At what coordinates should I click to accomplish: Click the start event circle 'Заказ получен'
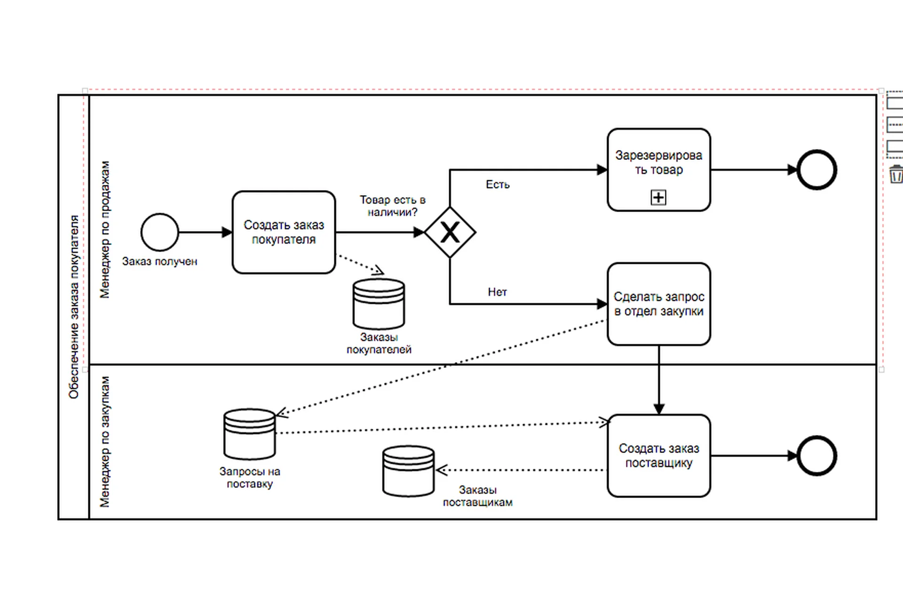pos(159,232)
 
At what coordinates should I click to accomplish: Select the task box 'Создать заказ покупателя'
pos(284,232)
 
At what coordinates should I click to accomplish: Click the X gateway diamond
pos(450,232)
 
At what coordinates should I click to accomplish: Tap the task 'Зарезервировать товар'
pos(658,169)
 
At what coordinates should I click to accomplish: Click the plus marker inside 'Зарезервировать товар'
pos(658,197)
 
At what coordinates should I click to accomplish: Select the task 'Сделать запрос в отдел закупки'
pos(658,304)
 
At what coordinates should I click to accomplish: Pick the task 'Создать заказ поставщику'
pos(658,455)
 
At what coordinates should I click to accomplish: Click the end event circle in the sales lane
pos(817,170)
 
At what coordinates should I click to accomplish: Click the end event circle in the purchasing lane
pos(817,456)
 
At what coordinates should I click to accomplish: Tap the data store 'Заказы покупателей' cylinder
pos(379,304)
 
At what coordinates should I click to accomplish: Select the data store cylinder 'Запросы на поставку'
pos(249,434)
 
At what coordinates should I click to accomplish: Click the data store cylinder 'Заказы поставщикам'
pos(408,471)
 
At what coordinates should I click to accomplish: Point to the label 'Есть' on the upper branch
pos(498,184)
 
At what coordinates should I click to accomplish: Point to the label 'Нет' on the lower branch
pos(497,292)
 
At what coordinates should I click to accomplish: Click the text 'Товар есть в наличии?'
pos(393,206)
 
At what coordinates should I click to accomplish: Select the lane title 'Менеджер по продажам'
pos(104,230)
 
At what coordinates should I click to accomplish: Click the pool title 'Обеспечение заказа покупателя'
pos(74,307)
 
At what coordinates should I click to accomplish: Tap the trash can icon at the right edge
pos(895,174)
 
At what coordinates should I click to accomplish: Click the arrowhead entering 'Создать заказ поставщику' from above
pos(658,409)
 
